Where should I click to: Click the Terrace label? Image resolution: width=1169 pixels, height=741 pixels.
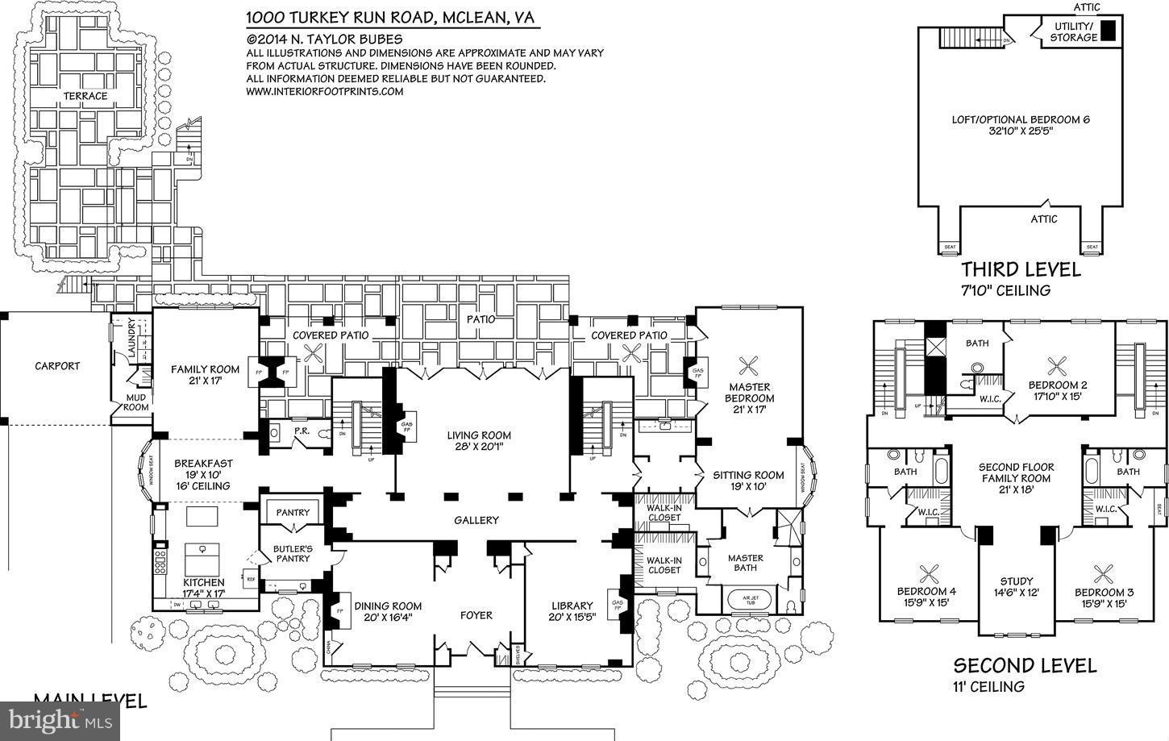click(85, 96)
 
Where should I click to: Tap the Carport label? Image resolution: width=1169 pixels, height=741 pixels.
click(57, 365)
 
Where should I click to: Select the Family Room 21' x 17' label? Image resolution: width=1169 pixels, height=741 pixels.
click(205, 375)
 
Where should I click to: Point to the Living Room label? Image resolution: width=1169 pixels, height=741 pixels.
click(479, 440)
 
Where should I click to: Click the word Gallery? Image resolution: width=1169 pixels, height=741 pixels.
click(476, 520)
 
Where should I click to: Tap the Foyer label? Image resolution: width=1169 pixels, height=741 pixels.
click(476, 615)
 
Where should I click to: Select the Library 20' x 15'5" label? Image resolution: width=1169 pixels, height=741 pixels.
click(572, 611)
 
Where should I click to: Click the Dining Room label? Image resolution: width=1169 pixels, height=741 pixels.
click(388, 611)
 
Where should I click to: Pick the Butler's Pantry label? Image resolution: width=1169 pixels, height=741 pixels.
click(293, 553)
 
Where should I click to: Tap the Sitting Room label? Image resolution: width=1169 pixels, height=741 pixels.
click(748, 481)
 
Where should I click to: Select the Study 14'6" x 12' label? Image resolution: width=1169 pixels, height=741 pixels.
click(1016, 586)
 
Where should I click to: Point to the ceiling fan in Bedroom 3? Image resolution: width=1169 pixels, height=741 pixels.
click(1103, 574)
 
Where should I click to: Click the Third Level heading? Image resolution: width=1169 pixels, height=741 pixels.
click(1020, 270)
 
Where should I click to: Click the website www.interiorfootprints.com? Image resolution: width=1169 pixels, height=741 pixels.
click(324, 92)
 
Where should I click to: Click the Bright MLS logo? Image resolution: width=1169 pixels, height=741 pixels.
click(60, 719)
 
